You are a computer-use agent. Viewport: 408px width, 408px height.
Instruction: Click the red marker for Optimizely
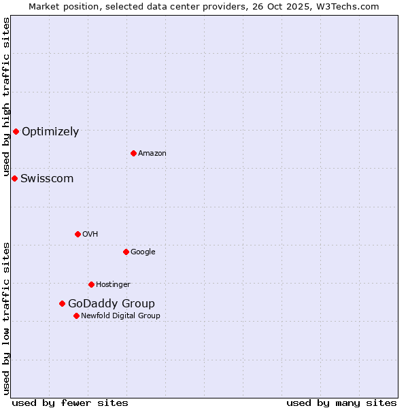(16, 131)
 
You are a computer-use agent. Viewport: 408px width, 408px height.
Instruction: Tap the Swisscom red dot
(14, 178)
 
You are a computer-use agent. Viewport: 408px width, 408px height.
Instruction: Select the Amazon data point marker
(133, 153)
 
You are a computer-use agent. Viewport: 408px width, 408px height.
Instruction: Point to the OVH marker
(78, 234)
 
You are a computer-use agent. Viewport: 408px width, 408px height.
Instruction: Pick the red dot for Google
(126, 252)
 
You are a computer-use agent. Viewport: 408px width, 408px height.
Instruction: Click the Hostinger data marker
(91, 284)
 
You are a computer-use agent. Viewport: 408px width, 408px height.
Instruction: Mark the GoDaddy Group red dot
(62, 303)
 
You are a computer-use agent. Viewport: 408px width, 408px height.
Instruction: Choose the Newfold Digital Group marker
(76, 316)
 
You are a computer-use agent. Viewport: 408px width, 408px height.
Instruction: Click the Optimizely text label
(50, 132)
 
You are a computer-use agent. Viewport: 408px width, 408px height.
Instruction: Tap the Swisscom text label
(47, 179)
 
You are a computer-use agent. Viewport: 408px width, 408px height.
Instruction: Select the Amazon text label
(152, 154)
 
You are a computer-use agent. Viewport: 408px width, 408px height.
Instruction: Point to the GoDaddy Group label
(112, 304)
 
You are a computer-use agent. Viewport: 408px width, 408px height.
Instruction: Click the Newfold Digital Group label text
(120, 316)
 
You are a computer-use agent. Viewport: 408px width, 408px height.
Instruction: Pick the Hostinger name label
(113, 284)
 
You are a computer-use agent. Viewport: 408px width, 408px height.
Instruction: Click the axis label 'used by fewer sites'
(70, 403)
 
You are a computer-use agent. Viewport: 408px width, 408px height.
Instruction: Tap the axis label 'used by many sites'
(341, 403)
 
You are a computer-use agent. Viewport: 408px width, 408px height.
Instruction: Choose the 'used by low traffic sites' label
(7, 318)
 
